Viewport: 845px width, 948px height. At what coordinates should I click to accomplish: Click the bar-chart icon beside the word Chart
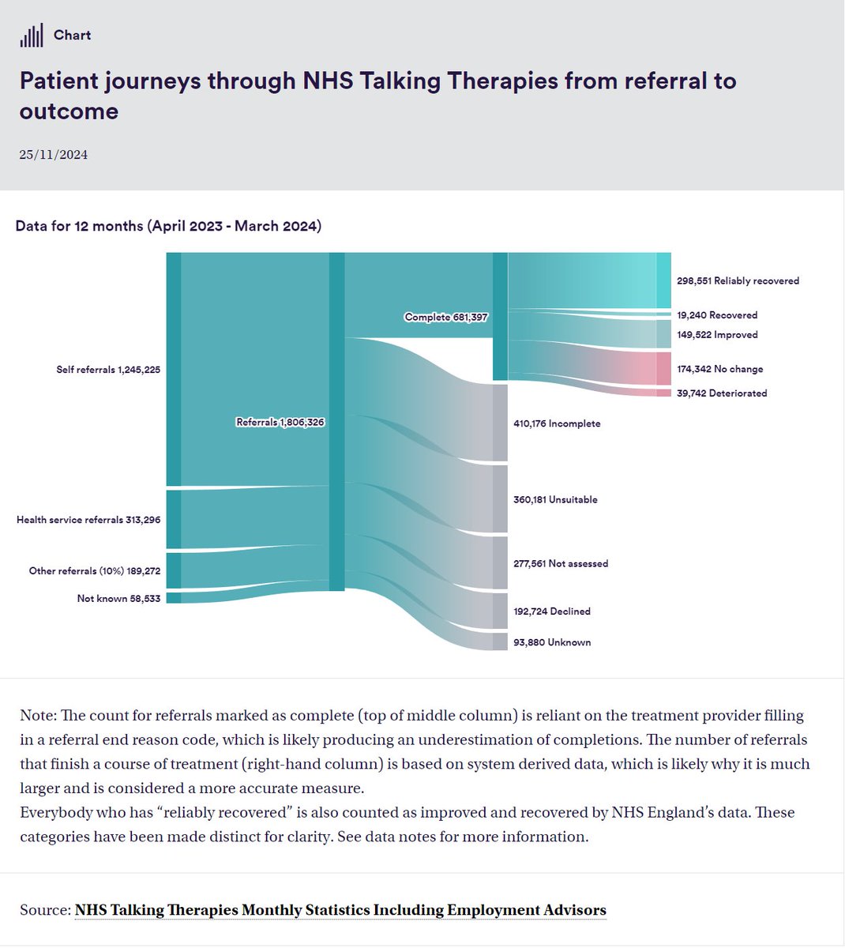pyautogui.click(x=32, y=36)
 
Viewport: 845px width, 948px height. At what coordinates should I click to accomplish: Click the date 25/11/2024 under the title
pyautogui.click(x=54, y=155)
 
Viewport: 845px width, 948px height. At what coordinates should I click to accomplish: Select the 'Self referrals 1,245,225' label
pyautogui.click(x=108, y=370)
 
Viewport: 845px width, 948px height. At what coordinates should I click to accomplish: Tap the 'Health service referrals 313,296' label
pyautogui.click(x=88, y=520)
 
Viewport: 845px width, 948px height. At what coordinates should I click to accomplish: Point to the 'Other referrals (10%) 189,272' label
pyautogui.click(x=95, y=570)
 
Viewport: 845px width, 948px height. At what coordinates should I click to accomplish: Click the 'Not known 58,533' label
pyautogui.click(x=118, y=599)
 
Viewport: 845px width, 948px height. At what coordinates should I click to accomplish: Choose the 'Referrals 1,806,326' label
pyautogui.click(x=280, y=423)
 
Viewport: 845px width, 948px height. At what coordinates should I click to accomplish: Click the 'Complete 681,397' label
pyautogui.click(x=446, y=318)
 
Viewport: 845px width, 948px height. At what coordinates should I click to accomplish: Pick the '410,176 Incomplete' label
pyautogui.click(x=557, y=423)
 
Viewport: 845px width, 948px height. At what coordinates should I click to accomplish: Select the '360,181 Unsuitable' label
pyautogui.click(x=555, y=499)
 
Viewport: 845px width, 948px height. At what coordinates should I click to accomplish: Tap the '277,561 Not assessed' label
pyautogui.click(x=561, y=564)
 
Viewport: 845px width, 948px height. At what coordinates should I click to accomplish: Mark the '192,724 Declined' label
pyautogui.click(x=552, y=611)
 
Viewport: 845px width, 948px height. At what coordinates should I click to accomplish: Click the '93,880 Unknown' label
pyautogui.click(x=552, y=643)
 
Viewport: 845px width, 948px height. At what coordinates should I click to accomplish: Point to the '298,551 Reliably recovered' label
pyautogui.click(x=738, y=281)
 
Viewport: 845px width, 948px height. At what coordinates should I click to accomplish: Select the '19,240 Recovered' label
pyautogui.click(x=717, y=315)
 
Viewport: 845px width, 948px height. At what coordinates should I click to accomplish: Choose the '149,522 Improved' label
pyautogui.click(x=717, y=335)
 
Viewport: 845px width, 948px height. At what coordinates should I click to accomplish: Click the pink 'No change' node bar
pyautogui.click(x=663, y=369)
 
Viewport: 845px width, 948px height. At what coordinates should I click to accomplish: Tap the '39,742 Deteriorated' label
pyautogui.click(x=722, y=393)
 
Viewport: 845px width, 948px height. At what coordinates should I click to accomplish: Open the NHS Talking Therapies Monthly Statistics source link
pyautogui.click(x=340, y=910)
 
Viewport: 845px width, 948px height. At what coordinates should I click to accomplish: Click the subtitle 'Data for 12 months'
pyautogui.click(x=168, y=226)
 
